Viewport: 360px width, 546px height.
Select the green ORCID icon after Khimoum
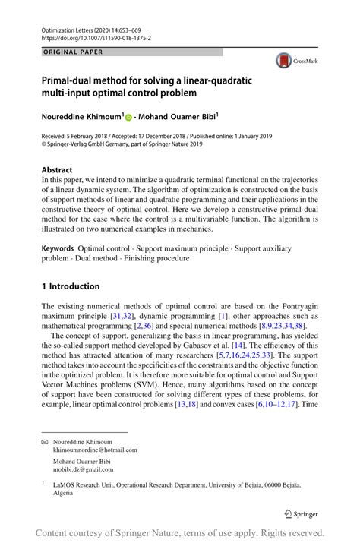[128, 117]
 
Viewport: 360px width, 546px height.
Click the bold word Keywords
[58, 248]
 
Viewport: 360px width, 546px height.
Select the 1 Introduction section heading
[71, 286]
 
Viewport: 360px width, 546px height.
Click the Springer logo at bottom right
[302, 513]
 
